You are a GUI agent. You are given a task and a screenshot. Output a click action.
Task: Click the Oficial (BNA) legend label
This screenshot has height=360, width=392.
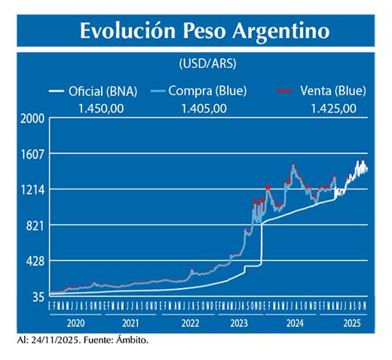click(102, 91)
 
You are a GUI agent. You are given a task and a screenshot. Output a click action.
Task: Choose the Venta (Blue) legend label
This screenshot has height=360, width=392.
click(332, 91)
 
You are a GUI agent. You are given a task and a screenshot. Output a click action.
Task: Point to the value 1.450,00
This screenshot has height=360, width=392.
click(102, 107)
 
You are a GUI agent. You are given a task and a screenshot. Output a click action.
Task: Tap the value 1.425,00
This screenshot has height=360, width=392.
click(333, 107)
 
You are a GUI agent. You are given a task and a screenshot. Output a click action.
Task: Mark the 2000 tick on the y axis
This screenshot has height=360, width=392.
click(32, 119)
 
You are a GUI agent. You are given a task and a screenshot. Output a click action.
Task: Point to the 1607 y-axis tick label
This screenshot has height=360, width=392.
click(32, 154)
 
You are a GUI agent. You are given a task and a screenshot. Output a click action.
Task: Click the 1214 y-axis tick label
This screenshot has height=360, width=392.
click(32, 189)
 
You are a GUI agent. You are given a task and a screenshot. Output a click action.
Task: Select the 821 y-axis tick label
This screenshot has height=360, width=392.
click(35, 225)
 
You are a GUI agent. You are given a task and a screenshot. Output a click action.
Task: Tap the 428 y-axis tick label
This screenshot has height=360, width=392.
click(35, 261)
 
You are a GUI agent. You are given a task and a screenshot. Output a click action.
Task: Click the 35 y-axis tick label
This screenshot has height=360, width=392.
click(38, 297)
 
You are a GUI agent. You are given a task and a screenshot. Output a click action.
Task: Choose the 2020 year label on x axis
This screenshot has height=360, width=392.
click(76, 322)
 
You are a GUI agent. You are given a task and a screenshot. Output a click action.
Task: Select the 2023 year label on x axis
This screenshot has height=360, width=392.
click(240, 322)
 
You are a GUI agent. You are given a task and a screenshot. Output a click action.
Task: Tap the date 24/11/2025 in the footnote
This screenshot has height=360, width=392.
click(57, 340)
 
